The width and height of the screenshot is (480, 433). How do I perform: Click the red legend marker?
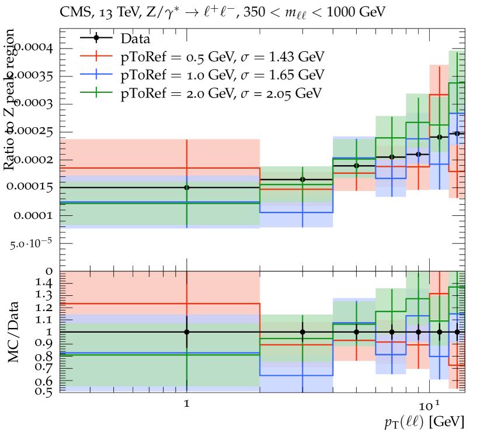[x=96, y=55]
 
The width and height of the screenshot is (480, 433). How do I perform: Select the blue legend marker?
[x=96, y=74]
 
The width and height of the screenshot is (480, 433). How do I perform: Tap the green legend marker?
[x=96, y=92]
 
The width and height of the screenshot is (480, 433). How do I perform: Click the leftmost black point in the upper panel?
[x=187, y=187]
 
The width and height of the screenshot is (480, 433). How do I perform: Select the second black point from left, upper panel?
[x=302, y=179]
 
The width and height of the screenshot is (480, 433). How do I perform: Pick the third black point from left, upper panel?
[x=356, y=166]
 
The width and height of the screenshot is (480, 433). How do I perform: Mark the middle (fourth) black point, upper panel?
[x=392, y=157]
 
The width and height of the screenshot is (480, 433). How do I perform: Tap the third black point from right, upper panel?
[x=418, y=154]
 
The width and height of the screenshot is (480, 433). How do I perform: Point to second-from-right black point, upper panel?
[x=440, y=137]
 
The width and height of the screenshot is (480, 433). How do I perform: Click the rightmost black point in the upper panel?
[x=457, y=134]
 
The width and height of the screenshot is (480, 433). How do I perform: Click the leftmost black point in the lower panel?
[x=187, y=331]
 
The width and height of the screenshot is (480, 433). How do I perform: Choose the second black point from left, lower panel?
[x=302, y=331]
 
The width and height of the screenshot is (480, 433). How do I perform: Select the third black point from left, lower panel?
[x=356, y=331]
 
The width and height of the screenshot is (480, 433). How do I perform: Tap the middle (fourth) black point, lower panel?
[x=392, y=331]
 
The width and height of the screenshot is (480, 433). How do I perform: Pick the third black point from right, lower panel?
[x=418, y=331]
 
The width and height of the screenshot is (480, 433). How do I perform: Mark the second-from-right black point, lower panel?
[x=440, y=331]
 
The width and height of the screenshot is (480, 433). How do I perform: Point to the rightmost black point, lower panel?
[x=457, y=331]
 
